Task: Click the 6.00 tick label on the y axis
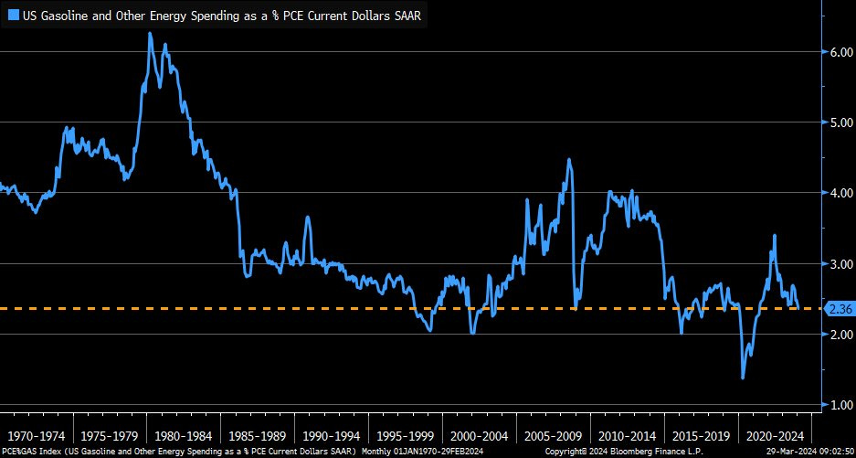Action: coord(840,52)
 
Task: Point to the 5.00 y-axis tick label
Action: coord(840,122)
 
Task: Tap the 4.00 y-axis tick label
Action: coord(840,193)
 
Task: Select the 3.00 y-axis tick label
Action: coord(840,263)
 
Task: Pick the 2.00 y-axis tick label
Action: coord(840,335)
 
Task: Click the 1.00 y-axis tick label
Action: coord(840,405)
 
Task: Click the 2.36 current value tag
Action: coord(840,309)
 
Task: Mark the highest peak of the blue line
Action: coord(150,34)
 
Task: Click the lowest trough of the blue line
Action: coord(742,378)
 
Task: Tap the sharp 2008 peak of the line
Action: coord(569,160)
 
